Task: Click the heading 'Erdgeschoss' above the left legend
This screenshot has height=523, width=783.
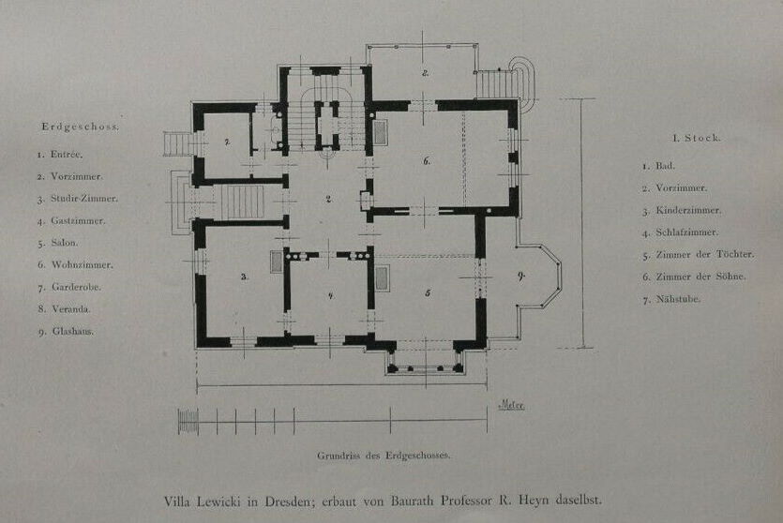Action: (81, 127)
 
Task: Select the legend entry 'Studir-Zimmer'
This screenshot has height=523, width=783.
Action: (83, 199)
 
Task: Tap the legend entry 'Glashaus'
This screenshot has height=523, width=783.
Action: (73, 331)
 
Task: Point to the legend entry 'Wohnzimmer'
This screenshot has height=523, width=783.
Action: (82, 265)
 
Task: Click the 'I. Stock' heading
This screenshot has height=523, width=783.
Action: (697, 138)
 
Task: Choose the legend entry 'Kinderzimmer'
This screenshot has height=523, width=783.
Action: (688, 210)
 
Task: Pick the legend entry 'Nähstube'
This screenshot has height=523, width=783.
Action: (678, 299)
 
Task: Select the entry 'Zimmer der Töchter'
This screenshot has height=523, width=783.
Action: (704, 255)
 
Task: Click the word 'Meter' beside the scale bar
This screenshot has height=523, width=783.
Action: (512, 405)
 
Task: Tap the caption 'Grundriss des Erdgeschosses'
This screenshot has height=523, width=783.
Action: (384, 456)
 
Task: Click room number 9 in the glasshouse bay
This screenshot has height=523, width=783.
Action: (521, 276)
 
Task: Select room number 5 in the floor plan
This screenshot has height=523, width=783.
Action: (428, 293)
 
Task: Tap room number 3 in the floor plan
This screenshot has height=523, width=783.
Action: (244, 276)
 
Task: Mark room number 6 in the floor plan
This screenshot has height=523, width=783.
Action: (427, 160)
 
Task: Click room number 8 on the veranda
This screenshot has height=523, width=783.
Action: (425, 73)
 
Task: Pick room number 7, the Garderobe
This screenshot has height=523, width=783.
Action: (227, 142)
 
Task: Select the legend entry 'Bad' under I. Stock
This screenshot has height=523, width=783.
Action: (664, 166)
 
